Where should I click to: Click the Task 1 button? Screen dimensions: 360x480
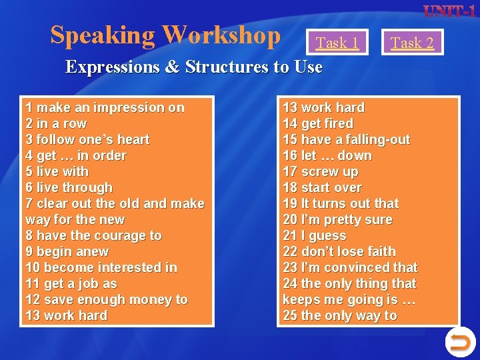[337, 43]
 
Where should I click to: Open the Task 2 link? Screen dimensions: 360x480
[412, 43]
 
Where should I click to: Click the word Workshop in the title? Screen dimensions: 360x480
[222, 35]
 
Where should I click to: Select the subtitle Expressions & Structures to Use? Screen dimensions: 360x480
[193, 67]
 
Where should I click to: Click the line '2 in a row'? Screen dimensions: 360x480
[56, 123]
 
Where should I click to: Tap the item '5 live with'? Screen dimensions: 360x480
[57, 171]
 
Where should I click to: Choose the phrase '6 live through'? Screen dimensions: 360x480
[69, 187]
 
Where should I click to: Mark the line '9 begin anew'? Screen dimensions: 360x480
[67, 251]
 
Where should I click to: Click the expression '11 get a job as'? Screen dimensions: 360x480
[71, 283]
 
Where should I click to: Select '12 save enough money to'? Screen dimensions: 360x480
[107, 299]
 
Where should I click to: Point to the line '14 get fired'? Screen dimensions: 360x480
[318, 123]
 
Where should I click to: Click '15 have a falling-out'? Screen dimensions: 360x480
[346, 139]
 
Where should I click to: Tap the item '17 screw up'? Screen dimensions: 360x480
[320, 171]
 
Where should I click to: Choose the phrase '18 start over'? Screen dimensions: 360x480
[322, 187]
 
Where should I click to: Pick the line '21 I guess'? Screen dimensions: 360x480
[315, 235]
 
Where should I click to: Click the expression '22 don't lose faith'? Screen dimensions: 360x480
[339, 251]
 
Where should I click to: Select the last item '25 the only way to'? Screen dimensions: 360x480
[339, 315]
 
